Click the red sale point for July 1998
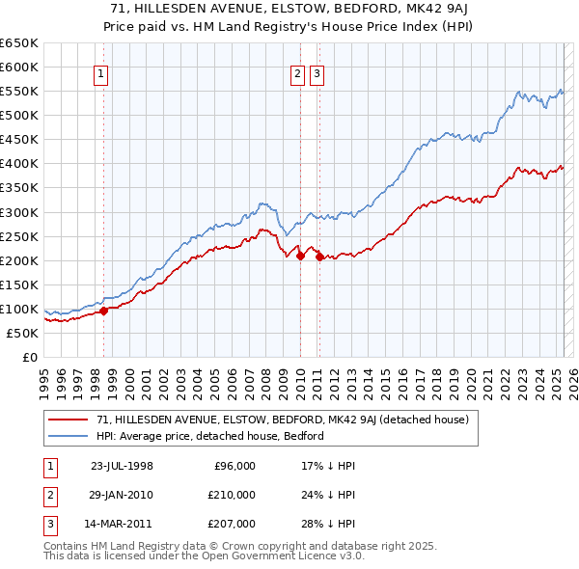104,311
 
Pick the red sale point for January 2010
300,256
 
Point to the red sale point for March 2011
319,257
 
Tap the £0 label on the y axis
29,358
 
